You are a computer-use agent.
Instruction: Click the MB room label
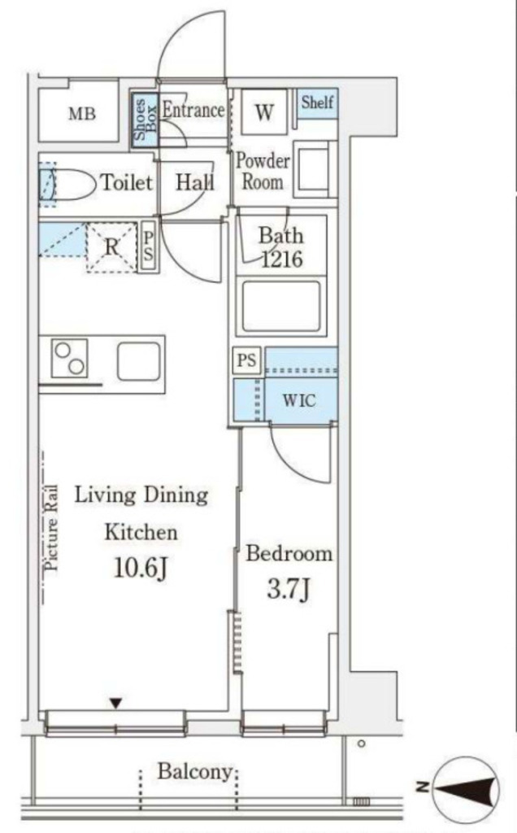(82, 113)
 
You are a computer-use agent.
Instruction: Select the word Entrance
(193, 110)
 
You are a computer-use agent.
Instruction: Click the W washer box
(264, 111)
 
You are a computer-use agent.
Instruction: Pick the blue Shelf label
(317, 102)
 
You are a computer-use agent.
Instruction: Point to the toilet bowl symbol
(68, 185)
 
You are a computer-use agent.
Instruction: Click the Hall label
(195, 183)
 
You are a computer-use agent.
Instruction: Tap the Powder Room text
(263, 171)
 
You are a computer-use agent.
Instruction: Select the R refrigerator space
(111, 247)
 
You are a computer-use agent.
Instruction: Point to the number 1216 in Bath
(282, 259)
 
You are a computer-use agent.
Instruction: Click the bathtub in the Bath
(281, 306)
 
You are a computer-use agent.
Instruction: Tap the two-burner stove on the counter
(70, 358)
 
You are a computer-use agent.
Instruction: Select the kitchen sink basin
(138, 361)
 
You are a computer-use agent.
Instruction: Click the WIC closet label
(299, 400)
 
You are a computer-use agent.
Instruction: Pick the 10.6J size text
(141, 569)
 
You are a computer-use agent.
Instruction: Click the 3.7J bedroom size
(289, 589)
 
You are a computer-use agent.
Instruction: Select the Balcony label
(195, 772)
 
